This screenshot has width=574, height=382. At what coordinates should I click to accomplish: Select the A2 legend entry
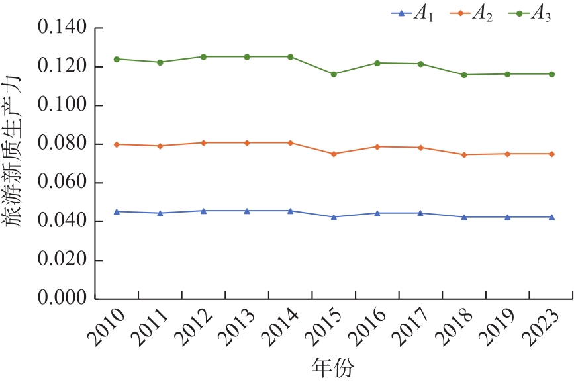coord(469,14)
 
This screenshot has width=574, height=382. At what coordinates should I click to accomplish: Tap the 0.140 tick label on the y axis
coord(63,28)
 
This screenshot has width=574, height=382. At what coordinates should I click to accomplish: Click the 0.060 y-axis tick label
coord(63,183)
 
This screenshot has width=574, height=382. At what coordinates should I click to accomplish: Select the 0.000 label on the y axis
coord(63,299)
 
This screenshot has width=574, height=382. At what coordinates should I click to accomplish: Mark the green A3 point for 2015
coord(334,74)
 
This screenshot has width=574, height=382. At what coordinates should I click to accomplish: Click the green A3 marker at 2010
coord(117,59)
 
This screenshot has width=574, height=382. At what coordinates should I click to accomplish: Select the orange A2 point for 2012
coord(203,142)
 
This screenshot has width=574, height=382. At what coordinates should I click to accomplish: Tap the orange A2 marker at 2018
coord(464,154)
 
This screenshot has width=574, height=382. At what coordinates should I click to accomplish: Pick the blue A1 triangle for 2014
coord(290,211)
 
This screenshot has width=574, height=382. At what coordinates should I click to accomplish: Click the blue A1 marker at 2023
coord(551,217)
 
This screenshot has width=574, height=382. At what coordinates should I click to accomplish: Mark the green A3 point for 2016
coord(377,63)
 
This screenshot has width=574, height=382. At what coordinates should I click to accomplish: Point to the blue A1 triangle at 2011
coord(160,213)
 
